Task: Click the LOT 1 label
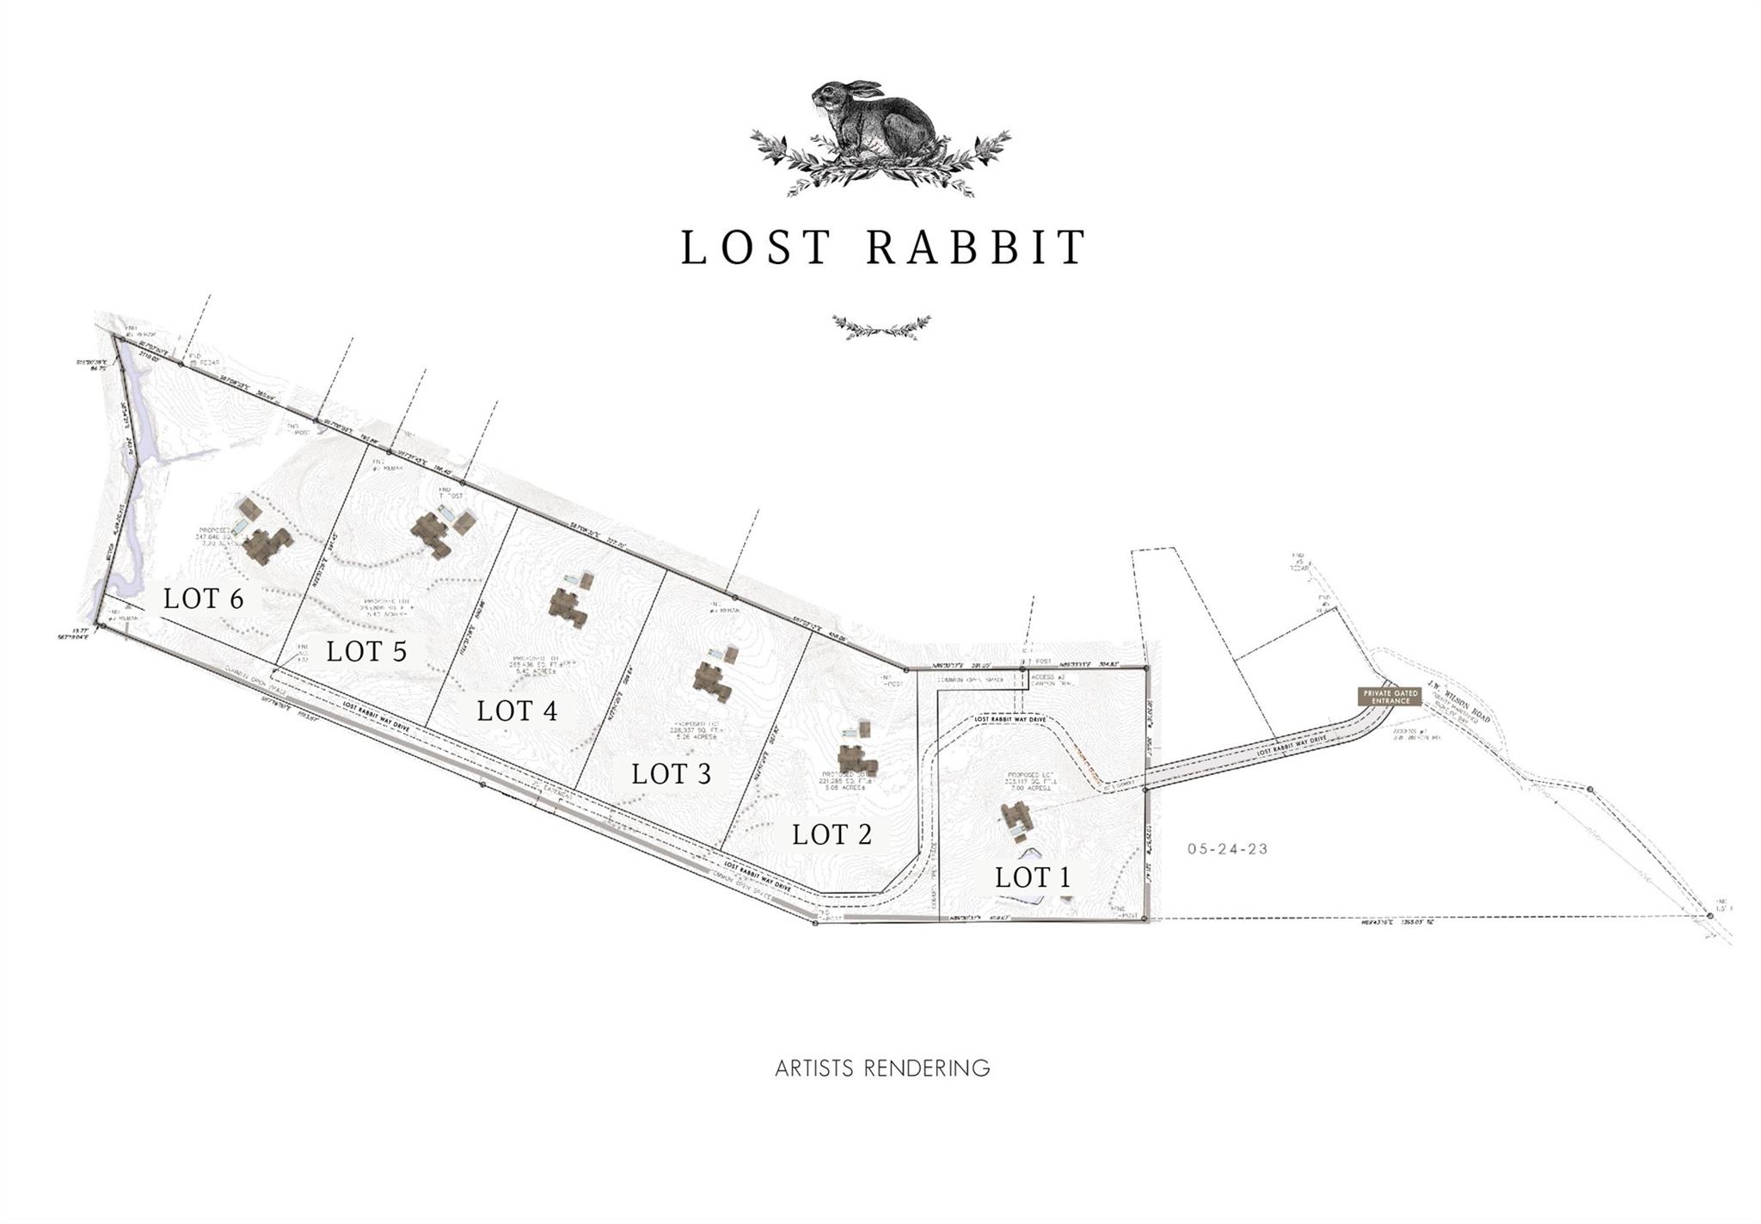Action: point(1032,877)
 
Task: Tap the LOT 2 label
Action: point(831,833)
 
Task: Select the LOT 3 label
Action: point(671,773)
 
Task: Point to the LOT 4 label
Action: point(517,710)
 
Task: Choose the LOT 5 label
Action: point(365,651)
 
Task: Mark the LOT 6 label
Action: point(203,598)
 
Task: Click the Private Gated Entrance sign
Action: point(1389,696)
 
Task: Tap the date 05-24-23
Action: point(1228,848)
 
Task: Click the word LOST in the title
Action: point(757,247)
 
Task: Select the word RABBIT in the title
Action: point(976,247)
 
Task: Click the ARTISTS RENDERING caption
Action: point(882,1068)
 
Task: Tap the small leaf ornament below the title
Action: point(881,327)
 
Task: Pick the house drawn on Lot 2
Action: point(855,759)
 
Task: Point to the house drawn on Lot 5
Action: point(434,533)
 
